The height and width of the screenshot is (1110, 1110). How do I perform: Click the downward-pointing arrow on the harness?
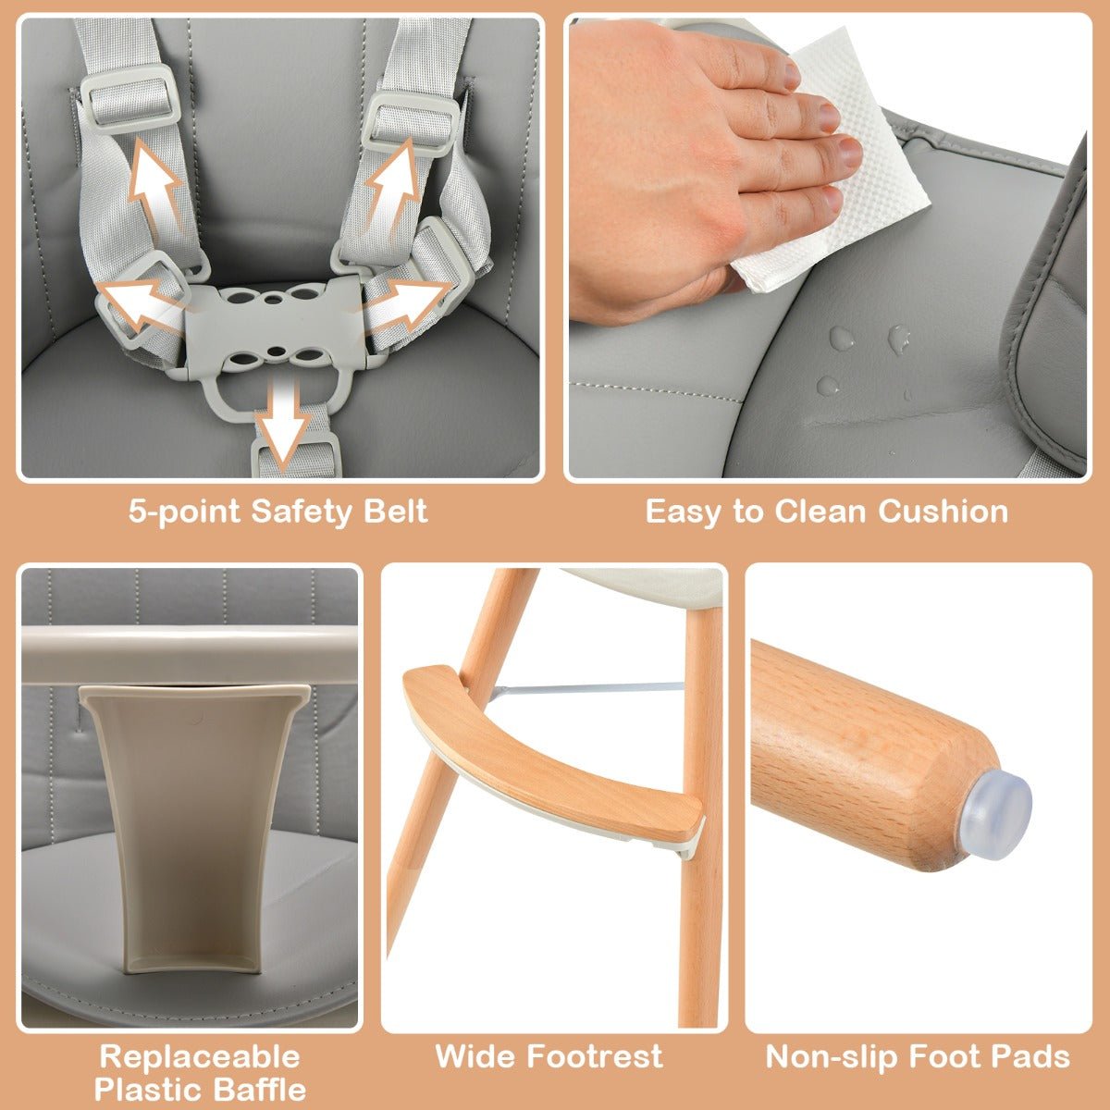point(285,421)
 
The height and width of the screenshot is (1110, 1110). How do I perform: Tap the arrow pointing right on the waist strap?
point(412,298)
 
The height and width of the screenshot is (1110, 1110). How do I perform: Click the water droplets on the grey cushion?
point(865,356)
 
